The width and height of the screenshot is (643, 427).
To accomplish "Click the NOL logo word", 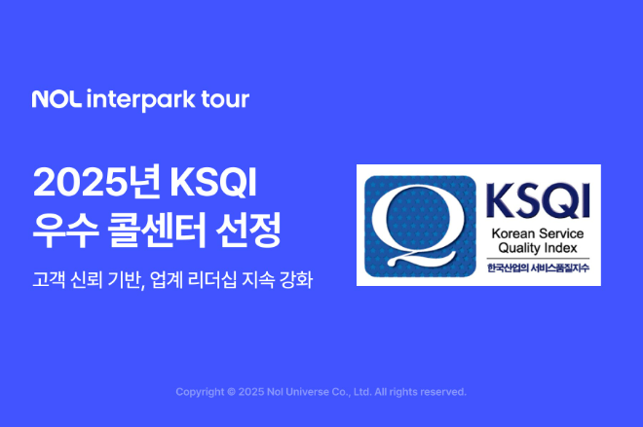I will click(57, 99).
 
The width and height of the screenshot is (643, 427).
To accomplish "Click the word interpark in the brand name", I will click(143, 99).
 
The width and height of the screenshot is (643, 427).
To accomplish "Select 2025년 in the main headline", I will click(95, 183).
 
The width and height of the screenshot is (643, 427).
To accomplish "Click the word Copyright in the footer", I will click(199, 392).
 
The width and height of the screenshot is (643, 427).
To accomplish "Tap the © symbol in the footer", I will click(230, 392).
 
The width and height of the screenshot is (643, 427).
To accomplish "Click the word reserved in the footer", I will click(443, 392).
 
